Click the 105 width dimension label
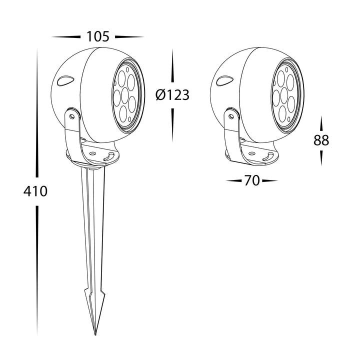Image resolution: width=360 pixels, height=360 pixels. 97,36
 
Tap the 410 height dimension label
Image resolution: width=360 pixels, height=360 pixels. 35,191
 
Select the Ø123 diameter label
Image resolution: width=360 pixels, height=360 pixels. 172,94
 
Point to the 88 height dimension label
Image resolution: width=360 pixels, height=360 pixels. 321,140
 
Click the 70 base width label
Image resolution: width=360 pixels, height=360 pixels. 252,180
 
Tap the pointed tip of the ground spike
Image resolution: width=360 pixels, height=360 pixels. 95,334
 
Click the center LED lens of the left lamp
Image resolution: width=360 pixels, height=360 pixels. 125,95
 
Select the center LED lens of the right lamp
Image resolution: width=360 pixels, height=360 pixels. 284,95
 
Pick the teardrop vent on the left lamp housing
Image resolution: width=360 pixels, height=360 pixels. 65,81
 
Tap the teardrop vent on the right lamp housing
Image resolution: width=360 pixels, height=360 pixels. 225,80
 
